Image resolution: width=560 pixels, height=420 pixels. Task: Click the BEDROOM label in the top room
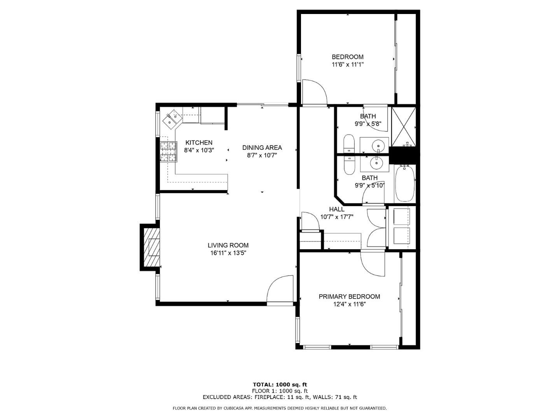[347, 57]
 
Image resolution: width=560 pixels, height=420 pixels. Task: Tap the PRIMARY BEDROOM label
[349, 296]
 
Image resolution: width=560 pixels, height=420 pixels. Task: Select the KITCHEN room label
[199, 143]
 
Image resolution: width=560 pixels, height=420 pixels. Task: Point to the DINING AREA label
[262, 147]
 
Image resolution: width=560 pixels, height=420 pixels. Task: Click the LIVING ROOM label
[228, 245]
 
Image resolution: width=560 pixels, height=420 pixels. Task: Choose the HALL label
[336, 209]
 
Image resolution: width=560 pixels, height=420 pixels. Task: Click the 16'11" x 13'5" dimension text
[228, 253]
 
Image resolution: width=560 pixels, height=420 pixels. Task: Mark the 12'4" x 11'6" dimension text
[349, 304]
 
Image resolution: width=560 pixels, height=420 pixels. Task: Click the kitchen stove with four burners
[168, 152]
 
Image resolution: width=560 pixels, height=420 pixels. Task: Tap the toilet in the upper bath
[349, 143]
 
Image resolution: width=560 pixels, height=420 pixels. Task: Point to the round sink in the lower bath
[376, 163]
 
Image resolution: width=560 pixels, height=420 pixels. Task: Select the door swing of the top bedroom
[314, 92]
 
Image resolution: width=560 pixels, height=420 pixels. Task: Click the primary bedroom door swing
[373, 264]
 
